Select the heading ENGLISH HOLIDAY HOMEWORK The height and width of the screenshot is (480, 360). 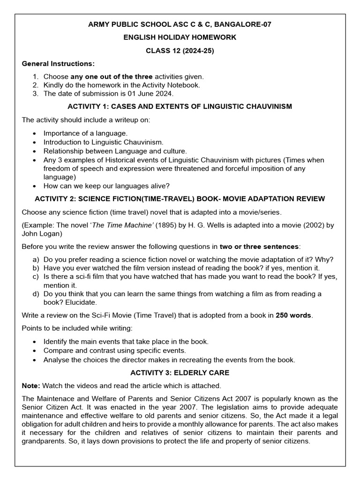click(180, 37)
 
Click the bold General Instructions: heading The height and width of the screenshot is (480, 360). click(58, 64)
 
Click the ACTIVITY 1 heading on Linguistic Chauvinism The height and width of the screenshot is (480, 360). click(180, 106)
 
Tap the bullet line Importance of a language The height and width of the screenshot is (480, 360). click(85, 133)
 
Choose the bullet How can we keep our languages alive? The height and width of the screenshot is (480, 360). click(106, 186)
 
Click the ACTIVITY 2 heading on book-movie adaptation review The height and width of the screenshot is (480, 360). click(180, 199)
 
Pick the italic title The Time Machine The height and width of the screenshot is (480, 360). click(122, 225)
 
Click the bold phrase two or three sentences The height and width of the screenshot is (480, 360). click(259, 247)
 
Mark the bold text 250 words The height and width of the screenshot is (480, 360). click(293, 315)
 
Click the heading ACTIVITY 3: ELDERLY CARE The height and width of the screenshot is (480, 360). click(180, 373)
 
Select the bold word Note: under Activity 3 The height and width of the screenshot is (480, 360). click(31, 385)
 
